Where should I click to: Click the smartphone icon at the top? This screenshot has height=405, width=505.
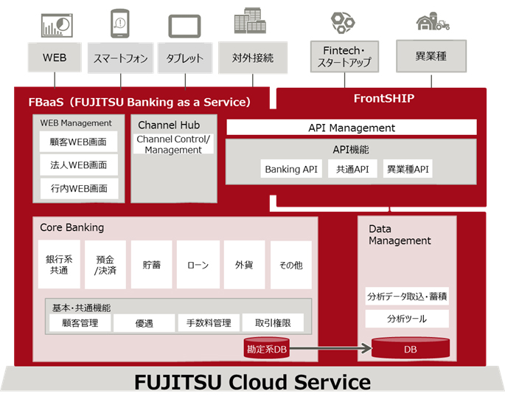tap(119, 24)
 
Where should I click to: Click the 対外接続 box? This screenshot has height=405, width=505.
tap(252, 58)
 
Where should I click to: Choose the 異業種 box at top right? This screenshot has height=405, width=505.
tap(431, 55)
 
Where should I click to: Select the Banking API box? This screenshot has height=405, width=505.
tap(291, 170)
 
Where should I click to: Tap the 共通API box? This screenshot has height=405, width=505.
tap(352, 170)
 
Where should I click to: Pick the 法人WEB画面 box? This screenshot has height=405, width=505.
tap(79, 165)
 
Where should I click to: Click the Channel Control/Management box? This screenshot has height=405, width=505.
tap(173, 144)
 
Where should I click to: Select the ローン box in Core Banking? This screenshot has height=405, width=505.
tap(198, 265)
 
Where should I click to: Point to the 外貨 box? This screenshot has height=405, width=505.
tap(244, 265)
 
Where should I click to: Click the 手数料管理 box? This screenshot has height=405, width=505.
tap(209, 322)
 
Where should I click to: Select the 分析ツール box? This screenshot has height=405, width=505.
tap(407, 319)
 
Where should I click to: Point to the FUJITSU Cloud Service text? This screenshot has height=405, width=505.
tap(252, 382)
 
